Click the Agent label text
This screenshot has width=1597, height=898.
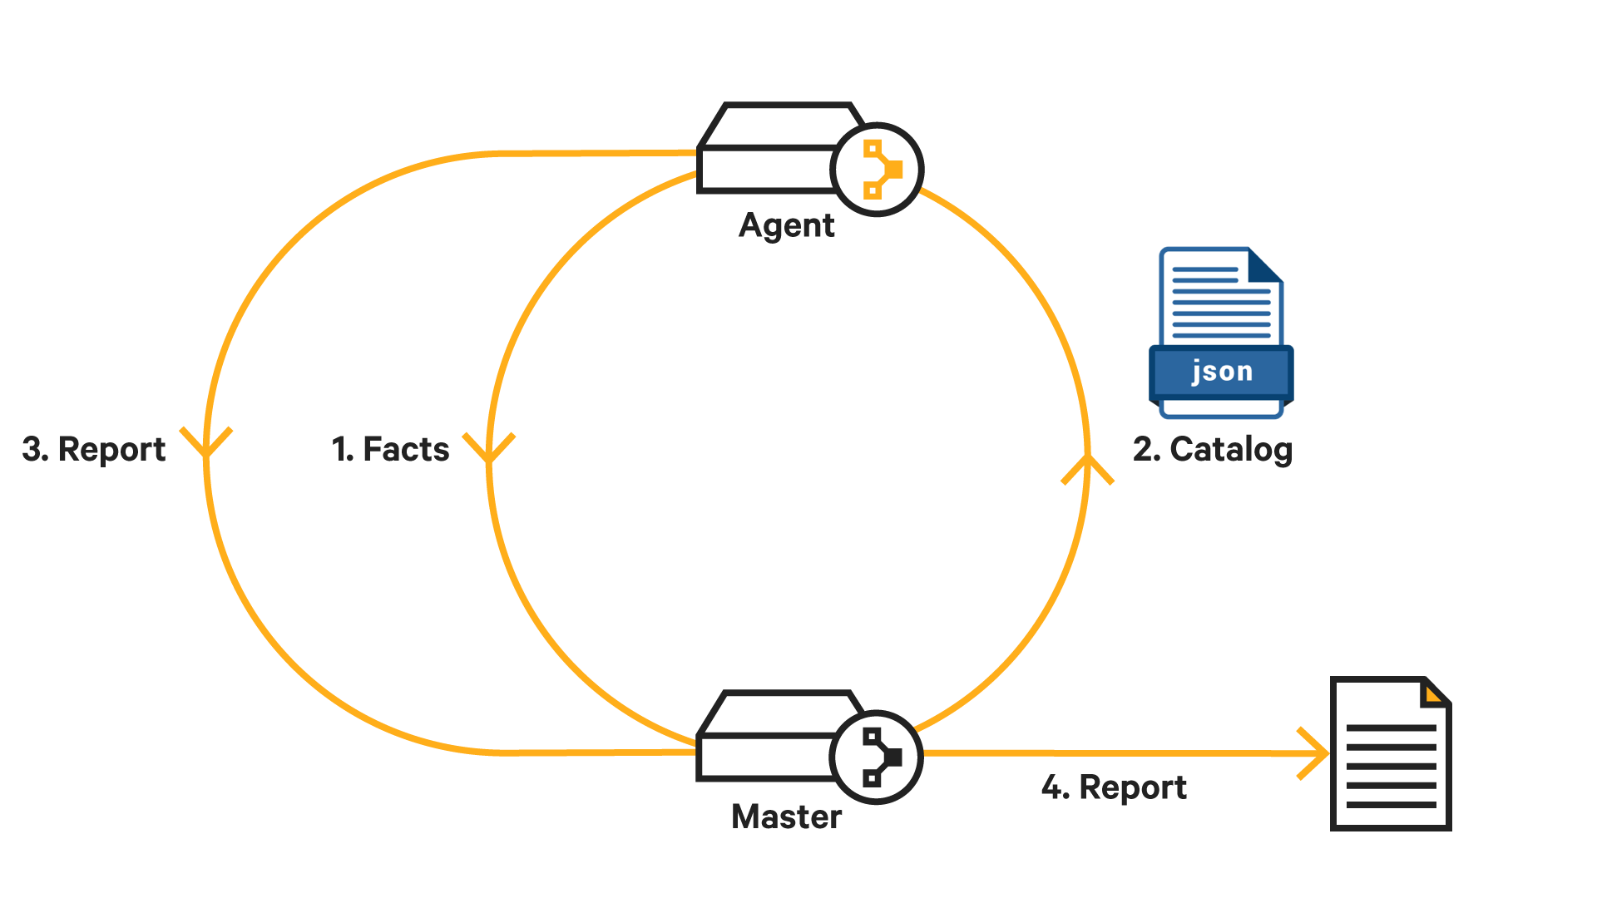[786, 226]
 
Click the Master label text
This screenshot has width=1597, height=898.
[786, 817]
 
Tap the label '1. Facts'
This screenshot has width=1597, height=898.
[390, 449]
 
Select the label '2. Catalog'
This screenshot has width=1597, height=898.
[1213, 449]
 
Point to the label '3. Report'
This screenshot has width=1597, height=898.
[94, 449]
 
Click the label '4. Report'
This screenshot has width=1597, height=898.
[1114, 787]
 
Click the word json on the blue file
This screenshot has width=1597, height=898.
[1221, 371]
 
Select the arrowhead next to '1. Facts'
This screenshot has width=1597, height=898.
[489, 447]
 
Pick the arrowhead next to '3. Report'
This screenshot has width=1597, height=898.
[206, 443]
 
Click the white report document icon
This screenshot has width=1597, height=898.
[1391, 757]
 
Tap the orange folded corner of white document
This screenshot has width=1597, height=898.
[1433, 693]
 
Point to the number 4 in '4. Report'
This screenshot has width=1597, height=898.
[1053, 787]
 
